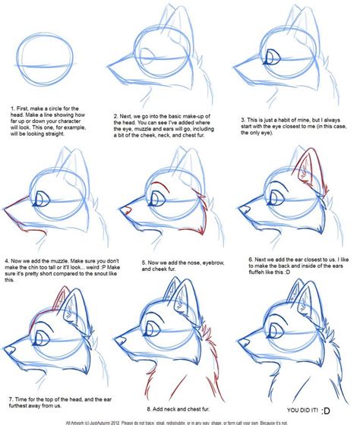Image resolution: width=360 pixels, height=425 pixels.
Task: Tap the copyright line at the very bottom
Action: [x=180, y=420]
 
